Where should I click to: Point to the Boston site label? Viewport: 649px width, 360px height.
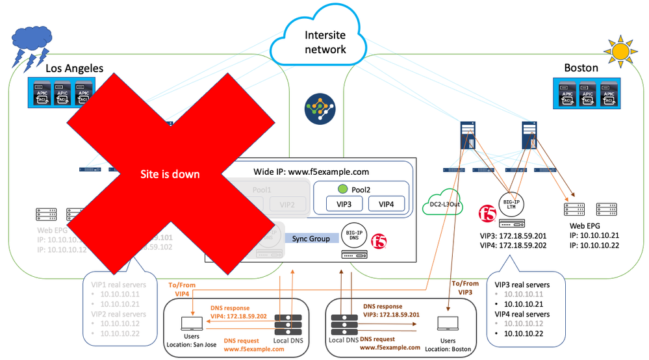point(581,68)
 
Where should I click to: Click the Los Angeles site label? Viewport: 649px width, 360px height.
point(74,68)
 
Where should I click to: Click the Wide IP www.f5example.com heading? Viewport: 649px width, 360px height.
point(311,172)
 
